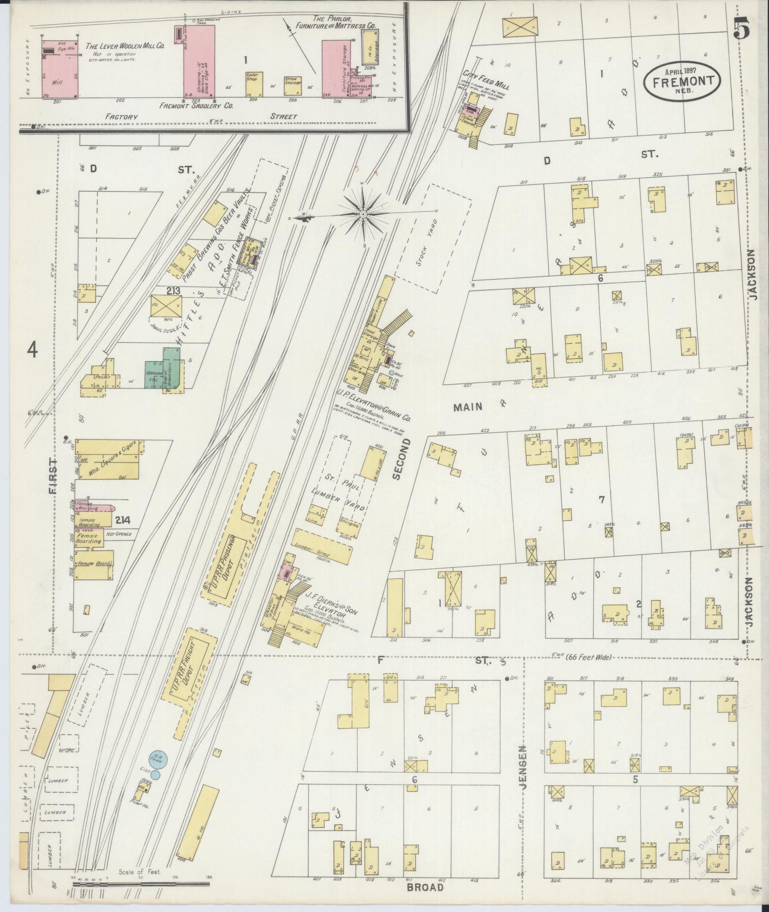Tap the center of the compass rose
point(363,215)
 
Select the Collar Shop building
point(252,83)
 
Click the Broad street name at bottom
point(426,887)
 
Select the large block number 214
point(125,521)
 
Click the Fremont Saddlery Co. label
point(196,106)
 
